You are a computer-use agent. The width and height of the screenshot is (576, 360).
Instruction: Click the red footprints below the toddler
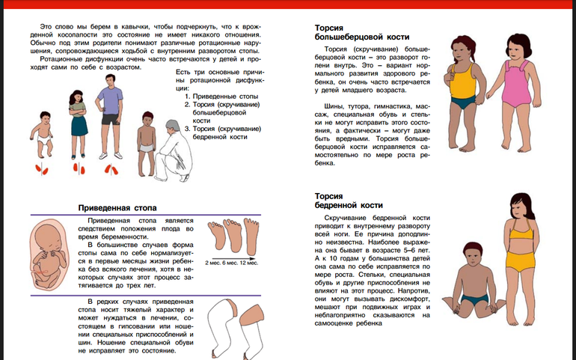coord(44,168)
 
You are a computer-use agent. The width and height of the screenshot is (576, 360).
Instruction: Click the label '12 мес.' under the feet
coord(249,263)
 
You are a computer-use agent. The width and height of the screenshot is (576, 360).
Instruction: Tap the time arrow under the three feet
coord(232,256)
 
